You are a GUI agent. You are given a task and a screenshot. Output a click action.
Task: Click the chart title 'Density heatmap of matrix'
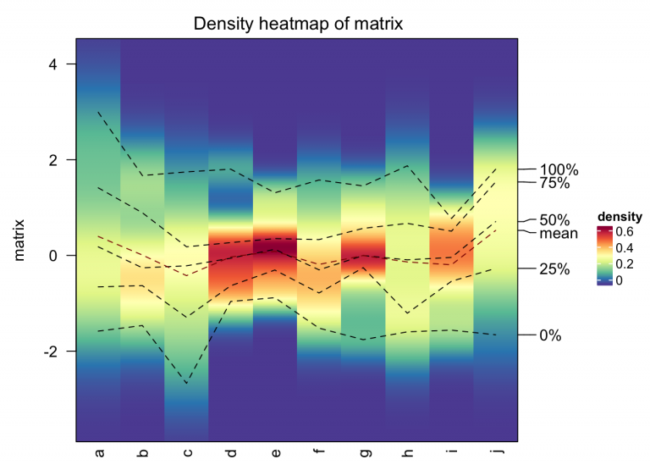[298, 24]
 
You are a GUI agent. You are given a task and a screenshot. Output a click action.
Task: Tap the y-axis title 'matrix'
[19, 240]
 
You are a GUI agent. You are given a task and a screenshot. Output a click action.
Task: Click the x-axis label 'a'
[99, 453]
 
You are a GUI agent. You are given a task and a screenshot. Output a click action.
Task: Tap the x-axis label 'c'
[187, 453]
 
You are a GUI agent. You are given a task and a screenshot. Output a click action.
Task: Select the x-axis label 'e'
[275, 453]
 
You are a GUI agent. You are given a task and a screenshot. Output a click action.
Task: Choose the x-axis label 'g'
[363, 453]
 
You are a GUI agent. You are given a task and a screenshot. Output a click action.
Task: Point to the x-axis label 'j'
[495, 453]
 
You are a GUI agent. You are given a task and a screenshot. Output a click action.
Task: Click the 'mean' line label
[559, 234]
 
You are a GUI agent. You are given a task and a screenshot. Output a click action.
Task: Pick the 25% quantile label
[554, 269]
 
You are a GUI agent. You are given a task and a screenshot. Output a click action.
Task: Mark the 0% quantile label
[550, 335]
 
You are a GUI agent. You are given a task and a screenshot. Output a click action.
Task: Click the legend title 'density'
[620, 216]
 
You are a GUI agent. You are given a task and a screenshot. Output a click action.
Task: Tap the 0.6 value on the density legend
[625, 230]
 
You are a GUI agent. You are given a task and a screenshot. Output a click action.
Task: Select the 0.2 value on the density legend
[625, 263]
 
